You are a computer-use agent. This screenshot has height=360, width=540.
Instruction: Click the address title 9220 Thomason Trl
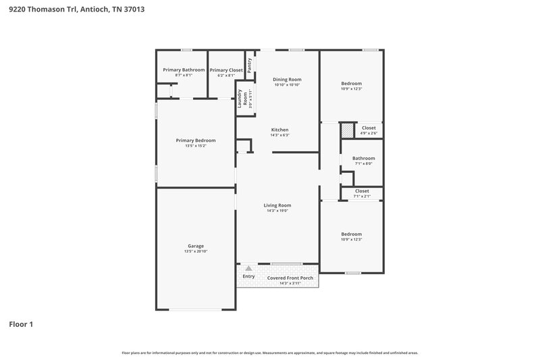click(76, 9)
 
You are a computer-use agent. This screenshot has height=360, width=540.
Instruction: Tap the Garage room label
click(196, 246)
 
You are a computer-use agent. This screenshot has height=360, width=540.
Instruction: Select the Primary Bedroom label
click(196, 140)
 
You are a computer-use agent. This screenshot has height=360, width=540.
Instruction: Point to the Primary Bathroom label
click(184, 70)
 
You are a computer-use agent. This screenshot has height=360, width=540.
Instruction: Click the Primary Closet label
click(226, 70)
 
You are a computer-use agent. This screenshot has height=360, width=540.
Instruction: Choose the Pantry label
click(250, 65)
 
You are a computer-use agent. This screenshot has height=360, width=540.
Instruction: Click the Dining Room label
click(287, 80)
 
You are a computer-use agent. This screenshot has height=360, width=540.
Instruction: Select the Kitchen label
click(280, 130)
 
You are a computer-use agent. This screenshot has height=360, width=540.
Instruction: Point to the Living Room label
click(277, 205)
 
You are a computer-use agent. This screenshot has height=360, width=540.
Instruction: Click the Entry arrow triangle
click(248, 269)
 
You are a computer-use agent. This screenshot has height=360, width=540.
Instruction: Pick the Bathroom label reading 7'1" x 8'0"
click(363, 158)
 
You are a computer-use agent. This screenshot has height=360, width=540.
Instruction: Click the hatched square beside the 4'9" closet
click(346, 130)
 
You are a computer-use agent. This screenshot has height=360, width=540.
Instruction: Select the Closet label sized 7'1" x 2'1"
click(362, 191)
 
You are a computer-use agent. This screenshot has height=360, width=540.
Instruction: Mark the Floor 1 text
click(20, 324)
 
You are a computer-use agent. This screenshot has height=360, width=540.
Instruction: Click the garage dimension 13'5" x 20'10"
click(196, 251)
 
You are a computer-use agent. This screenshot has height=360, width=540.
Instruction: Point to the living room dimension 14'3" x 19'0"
click(277, 211)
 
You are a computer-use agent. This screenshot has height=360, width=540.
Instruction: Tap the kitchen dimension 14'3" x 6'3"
click(280, 136)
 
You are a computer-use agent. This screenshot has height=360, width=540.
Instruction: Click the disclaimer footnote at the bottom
click(270, 353)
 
